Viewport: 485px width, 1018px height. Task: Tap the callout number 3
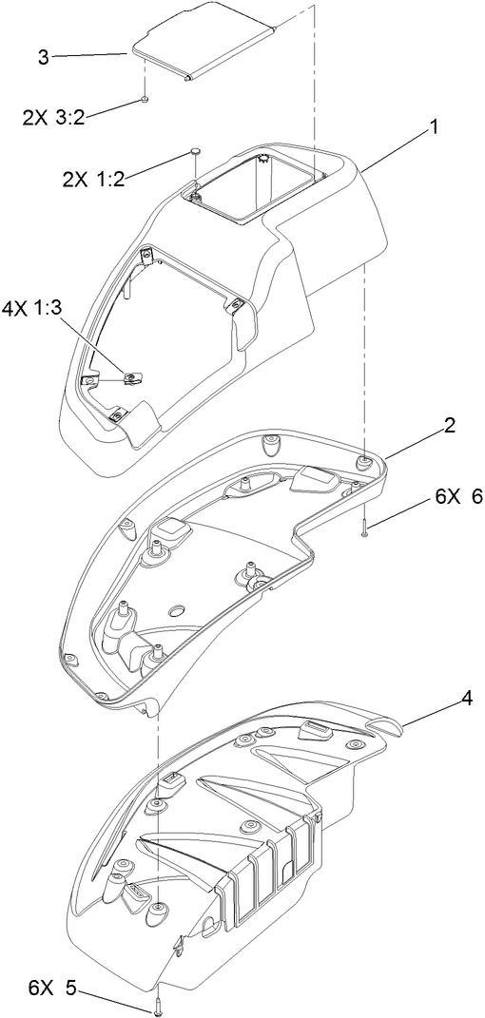(x=42, y=58)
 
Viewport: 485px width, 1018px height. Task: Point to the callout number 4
(x=440, y=699)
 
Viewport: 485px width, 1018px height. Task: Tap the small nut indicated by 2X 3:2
(x=144, y=99)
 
